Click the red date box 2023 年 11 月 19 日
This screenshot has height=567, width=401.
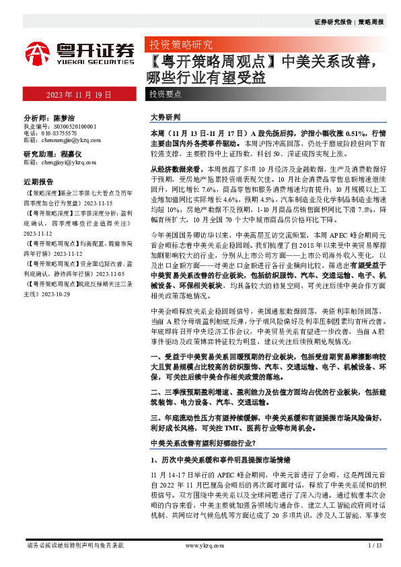point(79,95)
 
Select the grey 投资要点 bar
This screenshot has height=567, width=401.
point(164,95)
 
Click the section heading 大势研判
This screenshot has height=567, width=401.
point(164,117)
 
